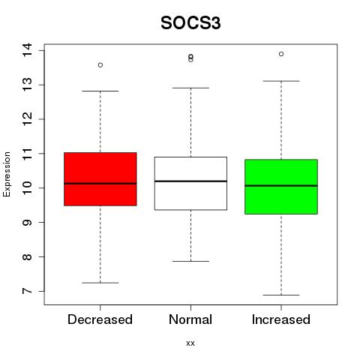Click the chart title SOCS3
click(190, 23)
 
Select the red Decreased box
click(100, 179)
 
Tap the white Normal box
click(190, 183)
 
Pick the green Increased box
click(281, 187)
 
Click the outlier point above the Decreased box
click(100, 65)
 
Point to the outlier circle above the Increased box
click(281, 54)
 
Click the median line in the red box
click(100, 184)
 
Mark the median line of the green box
click(281, 186)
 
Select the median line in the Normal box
click(190, 181)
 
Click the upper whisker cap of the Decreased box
click(100, 91)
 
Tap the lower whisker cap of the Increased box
click(281, 295)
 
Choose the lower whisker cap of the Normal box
click(190, 261)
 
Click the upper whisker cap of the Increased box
click(281, 81)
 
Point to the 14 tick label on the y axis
click(27, 50)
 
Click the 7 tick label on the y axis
click(27, 291)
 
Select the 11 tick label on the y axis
click(27, 153)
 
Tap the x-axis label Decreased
click(100, 319)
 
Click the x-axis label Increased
click(281, 319)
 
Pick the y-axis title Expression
click(7, 174)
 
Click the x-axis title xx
click(190, 343)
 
